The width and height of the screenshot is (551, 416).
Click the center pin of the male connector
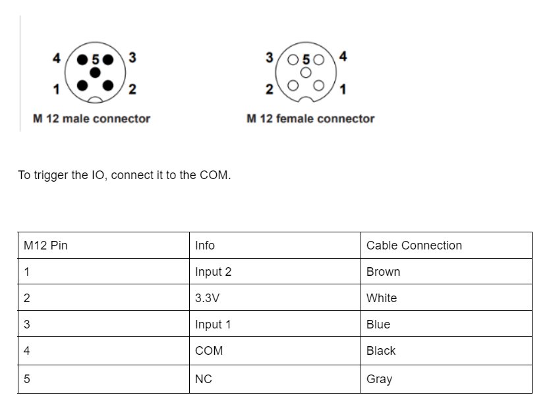pos(95,72)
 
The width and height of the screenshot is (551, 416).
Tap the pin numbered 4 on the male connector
pos(82,60)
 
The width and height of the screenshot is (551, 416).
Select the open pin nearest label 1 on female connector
pos(319,86)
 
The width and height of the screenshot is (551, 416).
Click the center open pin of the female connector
pos(306,72)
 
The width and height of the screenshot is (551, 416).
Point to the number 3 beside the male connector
pos(132,57)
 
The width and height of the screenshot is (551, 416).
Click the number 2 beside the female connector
pos(269,89)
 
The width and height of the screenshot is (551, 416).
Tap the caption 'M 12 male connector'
pos(92,118)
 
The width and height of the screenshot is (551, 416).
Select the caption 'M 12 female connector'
pos(310,118)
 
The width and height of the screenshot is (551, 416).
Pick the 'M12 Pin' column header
pos(45,246)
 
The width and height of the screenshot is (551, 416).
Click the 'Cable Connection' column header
pos(414,246)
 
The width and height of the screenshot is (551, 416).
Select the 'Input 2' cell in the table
pos(214,272)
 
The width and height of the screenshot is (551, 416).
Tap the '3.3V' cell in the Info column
pos(208,298)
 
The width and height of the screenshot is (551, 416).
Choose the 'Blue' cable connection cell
pos(378,325)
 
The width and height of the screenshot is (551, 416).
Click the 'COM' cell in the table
pos(209,351)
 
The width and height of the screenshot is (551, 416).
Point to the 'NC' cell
pos(204,378)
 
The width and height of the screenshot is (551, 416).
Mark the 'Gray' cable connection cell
pos(379,379)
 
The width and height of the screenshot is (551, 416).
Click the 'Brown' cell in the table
pos(383,272)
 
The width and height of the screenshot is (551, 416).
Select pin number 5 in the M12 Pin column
pos(27,378)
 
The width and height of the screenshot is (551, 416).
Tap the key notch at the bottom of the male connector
pos(95,100)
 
